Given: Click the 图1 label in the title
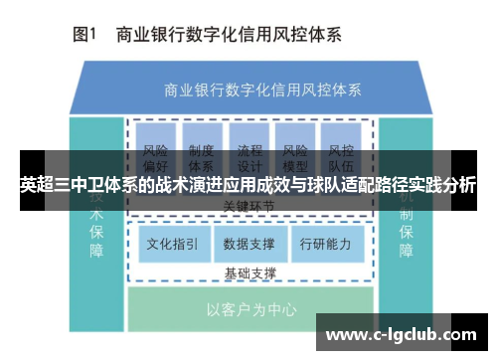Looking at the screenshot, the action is tap(83, 35).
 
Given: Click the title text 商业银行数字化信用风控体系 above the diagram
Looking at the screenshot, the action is tap(229, 35).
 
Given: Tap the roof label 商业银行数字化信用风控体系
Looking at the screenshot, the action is tap(248, 89).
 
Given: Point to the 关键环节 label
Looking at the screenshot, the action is tap(249, 206).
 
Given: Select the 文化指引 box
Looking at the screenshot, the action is tap(173, 243).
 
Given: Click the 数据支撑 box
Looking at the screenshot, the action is tap(249, 243).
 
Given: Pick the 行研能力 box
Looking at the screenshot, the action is tap(325, 243).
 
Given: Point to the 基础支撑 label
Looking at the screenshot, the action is tap(249, 271).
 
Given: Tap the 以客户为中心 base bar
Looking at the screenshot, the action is tap(249, 309).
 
